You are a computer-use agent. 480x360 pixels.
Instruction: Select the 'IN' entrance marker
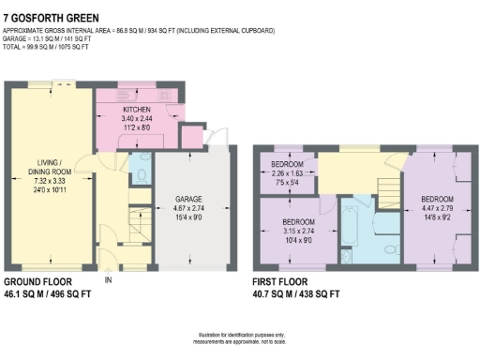[109, 279]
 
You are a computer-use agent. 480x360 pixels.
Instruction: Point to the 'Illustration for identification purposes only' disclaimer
[241, 336]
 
